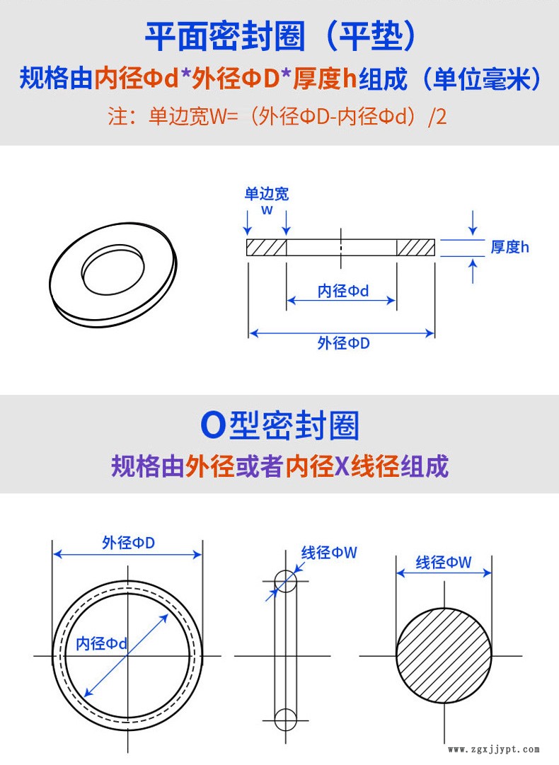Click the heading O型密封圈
280,425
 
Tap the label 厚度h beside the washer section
509,247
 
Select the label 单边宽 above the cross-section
266,194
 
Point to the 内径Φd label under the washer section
343,292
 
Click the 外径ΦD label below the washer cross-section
343,343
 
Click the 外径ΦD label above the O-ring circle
128,543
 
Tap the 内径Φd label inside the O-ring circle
101,643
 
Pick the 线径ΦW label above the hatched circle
444,563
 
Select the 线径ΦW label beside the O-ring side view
329,553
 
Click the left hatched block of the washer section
266,248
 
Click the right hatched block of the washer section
415,248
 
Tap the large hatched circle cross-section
444,655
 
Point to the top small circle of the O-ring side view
285,580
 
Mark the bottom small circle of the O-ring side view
285,720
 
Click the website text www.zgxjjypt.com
494,749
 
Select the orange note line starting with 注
277,117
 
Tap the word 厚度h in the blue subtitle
325,79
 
